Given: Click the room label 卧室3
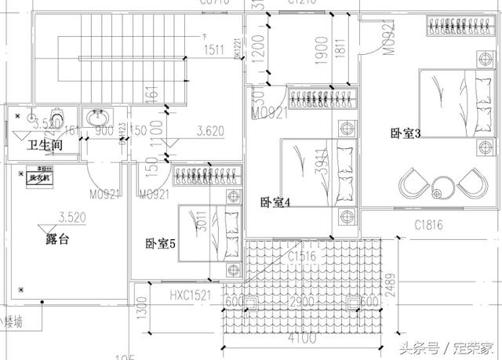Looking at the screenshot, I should [406, 133].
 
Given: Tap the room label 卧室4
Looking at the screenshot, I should [276, 202].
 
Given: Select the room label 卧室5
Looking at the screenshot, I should [160, 244].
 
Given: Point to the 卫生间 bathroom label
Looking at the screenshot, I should [45, 146].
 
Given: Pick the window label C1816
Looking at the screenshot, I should [428, 225].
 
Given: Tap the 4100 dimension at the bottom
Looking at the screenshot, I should [301, 340].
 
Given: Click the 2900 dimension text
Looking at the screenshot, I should [301, 303].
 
